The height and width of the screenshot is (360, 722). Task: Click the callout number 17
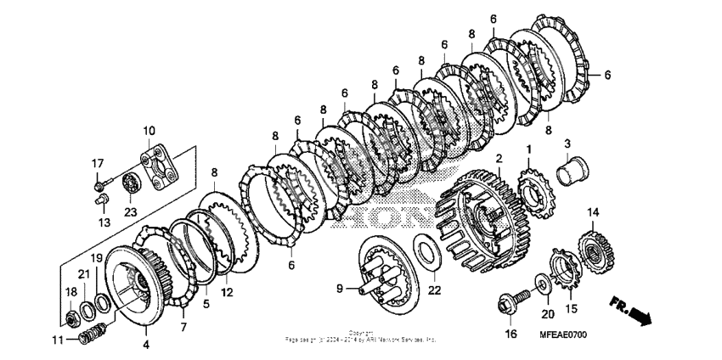coord(98,163)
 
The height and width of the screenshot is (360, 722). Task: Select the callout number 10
coord(149,131)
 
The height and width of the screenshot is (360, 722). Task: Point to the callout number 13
coord(104,222)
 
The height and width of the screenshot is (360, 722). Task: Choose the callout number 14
coord(593,212)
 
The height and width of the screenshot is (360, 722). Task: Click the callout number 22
coord(435,290)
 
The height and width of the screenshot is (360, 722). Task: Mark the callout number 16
coord(510,335)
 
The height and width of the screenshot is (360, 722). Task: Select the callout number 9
coord(339,289)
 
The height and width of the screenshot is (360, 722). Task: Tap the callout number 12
coord(226,291)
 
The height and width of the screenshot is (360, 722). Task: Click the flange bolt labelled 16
coord(512,301)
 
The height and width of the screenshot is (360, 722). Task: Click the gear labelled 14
coord(593,246)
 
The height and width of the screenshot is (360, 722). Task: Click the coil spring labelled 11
coord(87,335)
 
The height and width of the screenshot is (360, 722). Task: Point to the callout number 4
coord(146,344)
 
